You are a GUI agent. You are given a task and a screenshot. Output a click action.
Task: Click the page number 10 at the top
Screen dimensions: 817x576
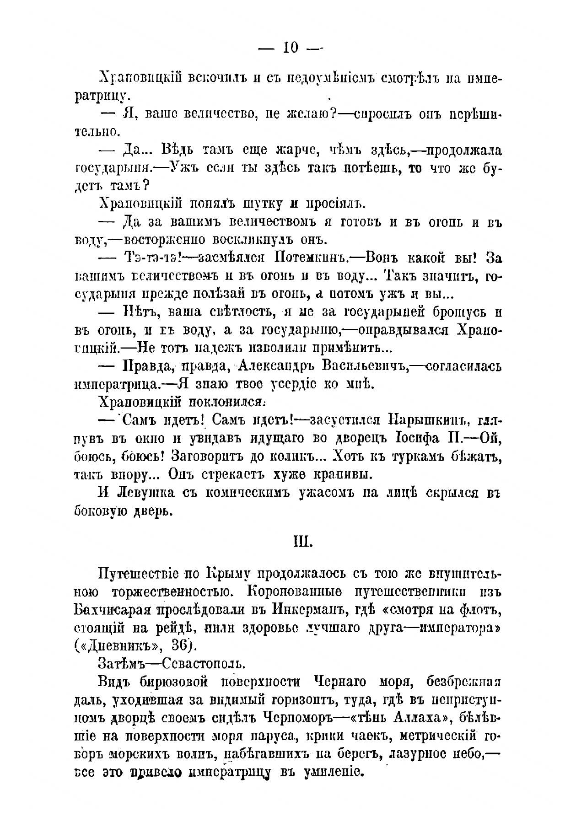tap(291, 47)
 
